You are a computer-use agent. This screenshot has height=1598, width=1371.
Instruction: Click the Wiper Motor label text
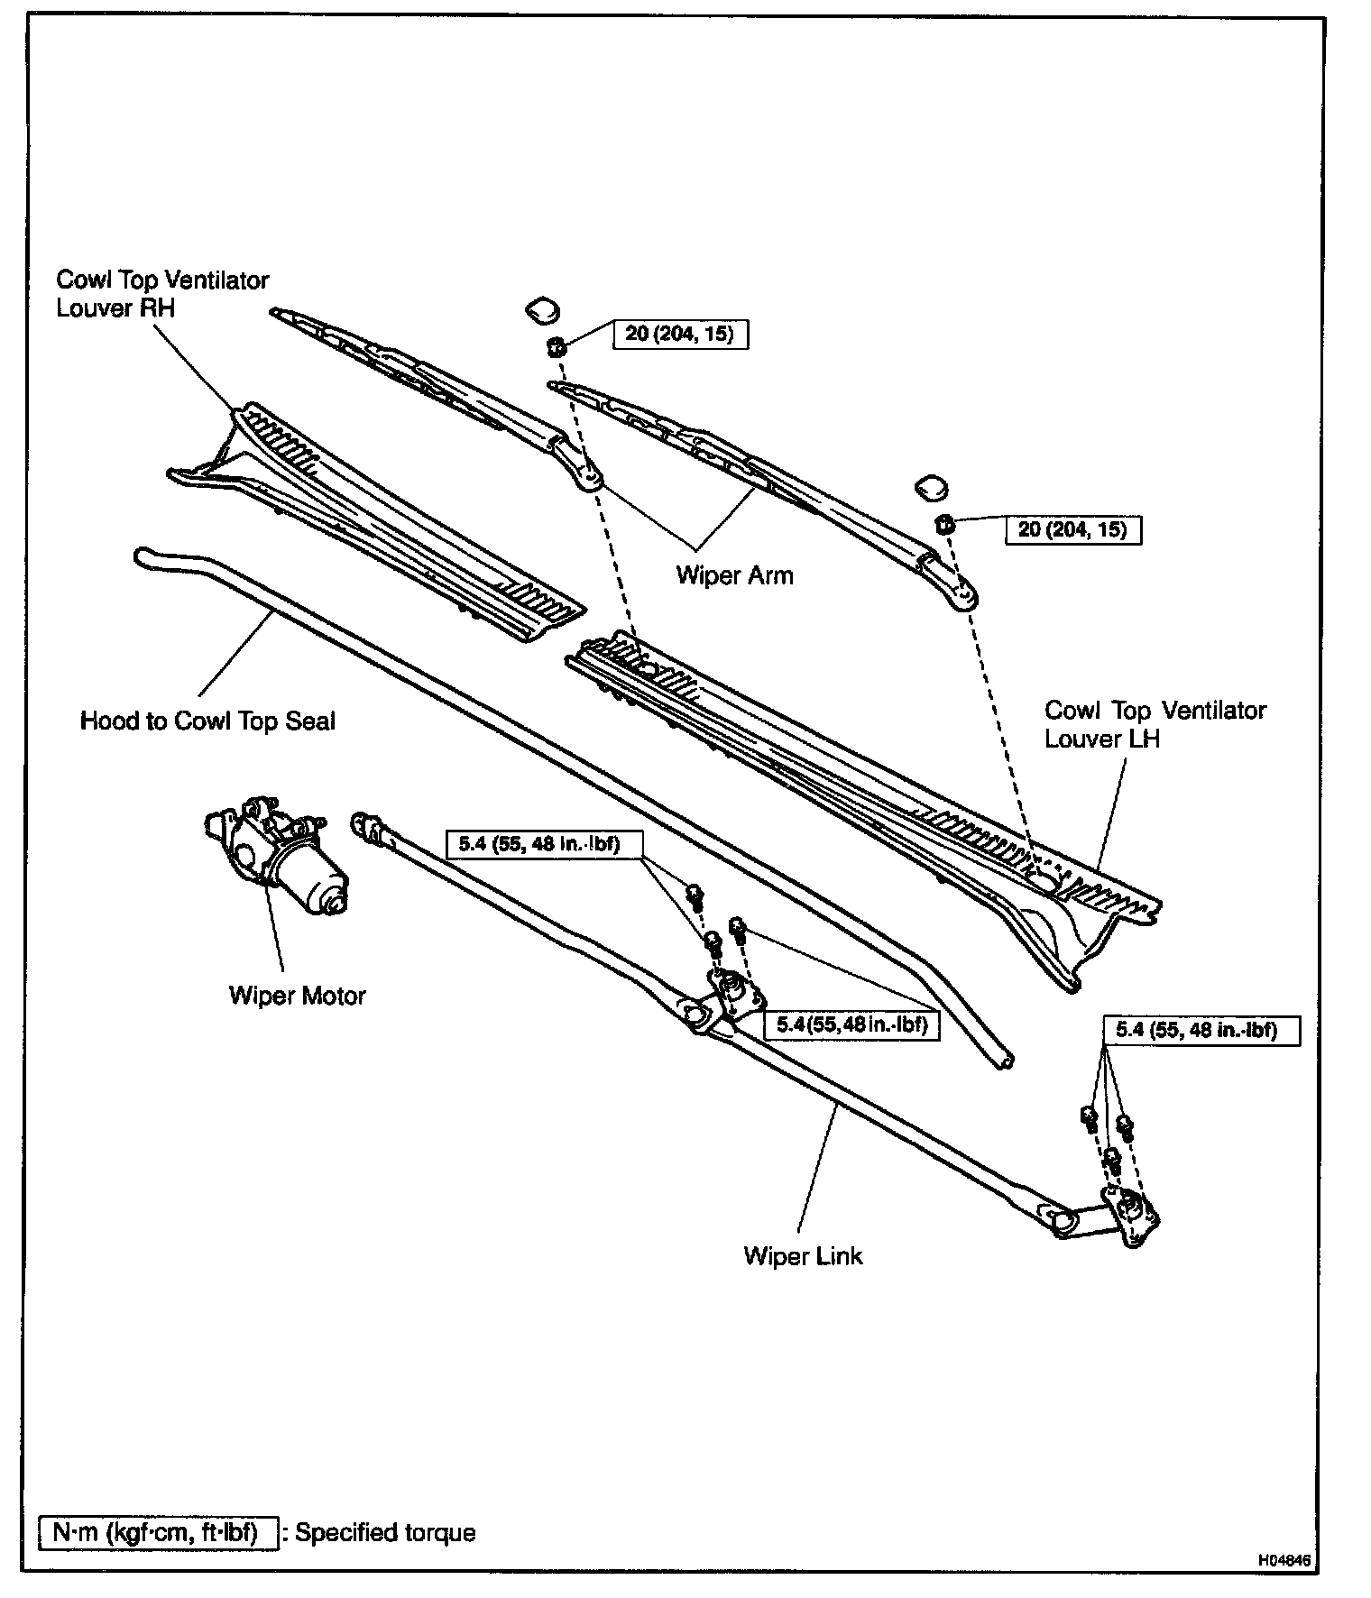coord(297,996)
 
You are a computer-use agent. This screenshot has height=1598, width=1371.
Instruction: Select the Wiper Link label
coord(803,1256)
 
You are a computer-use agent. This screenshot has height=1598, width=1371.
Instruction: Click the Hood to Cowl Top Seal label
coord(207,721)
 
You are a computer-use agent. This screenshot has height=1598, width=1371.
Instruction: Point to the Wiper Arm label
coord(734,575)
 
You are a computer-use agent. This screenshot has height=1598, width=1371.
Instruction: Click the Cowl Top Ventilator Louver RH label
coord(162,294)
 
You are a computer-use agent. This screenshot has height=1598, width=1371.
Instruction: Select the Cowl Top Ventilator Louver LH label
coord(1155,724)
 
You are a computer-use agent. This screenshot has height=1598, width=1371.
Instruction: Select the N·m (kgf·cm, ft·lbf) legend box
coord(158,1532)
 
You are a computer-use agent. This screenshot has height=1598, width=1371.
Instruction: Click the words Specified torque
coord(385,1532)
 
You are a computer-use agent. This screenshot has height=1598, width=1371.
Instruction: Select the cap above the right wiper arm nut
coord(932,488)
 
